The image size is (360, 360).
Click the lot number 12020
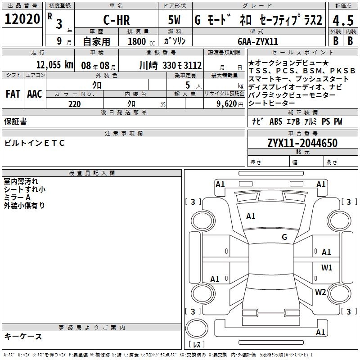click(22, 19)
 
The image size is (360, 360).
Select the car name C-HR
click(117, 20)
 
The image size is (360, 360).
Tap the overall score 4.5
click(343, 21)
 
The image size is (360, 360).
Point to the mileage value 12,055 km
click(55, 65)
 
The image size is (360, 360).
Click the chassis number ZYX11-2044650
click(302, 143)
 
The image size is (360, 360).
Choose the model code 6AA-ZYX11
click(258, 41)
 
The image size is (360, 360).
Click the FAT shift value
click(13, 94)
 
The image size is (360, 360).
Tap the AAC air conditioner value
click(35, 94)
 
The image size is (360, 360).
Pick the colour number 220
click(74, 104)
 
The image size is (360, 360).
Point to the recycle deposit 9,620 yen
click(230, 104)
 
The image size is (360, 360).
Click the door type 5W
click(174, 20)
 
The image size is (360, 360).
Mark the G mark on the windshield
click(284, 237)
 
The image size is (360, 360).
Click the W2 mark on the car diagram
click(320, 292)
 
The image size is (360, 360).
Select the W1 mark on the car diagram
click(327, 267)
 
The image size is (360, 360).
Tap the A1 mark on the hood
click(251, 216)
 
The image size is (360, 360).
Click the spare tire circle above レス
click(197, 328)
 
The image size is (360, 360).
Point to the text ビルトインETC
click(35, 143)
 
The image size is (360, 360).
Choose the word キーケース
click(23, 336)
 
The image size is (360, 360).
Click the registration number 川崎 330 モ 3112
click(171, 65)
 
